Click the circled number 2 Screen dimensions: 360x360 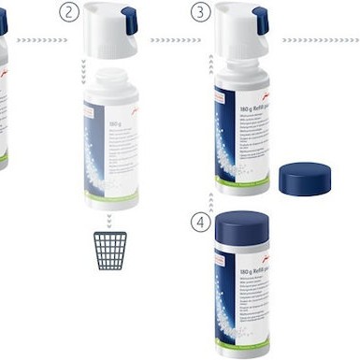67,13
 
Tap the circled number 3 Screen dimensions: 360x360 200,13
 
